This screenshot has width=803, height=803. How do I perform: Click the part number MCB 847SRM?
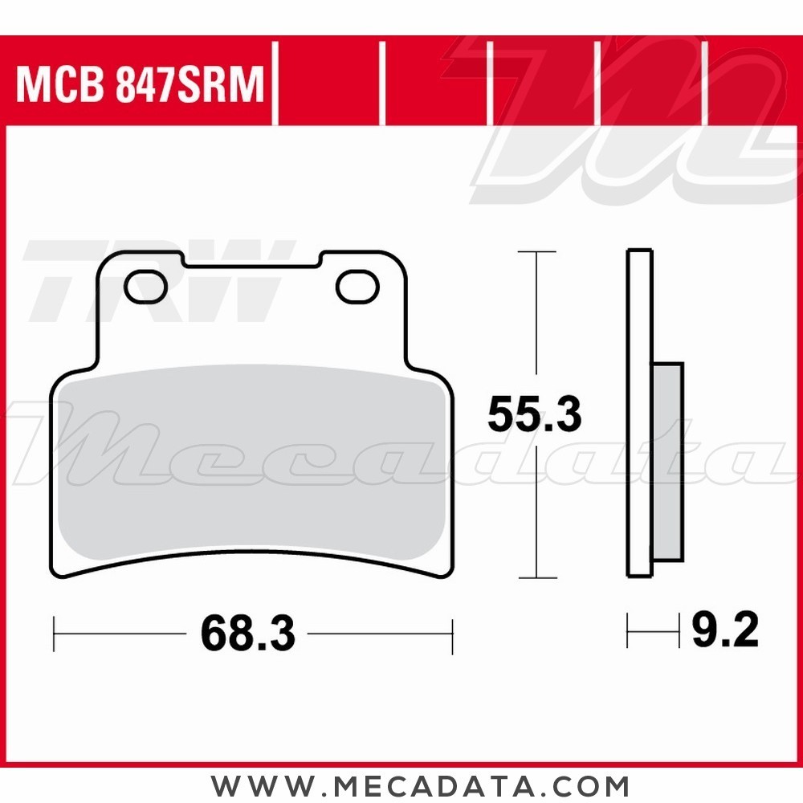(x=140, y=84)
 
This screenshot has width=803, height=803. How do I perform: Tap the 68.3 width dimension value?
(x=248, y=634)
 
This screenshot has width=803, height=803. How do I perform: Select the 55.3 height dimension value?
(x=534, y=416)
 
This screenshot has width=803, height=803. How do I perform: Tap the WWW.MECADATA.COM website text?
(x=420, y=785)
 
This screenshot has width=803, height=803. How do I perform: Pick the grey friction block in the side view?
(x=667, y=462)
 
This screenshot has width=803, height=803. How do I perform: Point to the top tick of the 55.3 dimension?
(x=536, y=252)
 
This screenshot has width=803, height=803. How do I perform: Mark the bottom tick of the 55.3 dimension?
(x=536, y=577)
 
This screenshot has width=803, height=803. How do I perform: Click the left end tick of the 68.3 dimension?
(x=54, y=634)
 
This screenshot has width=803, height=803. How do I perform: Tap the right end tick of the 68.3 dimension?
(x=453, y=634)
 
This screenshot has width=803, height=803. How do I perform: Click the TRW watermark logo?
(x=153, y=277)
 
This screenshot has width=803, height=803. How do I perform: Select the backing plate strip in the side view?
(x=639, y=414)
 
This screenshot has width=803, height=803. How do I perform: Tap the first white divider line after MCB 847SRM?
(x=275, y=84)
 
